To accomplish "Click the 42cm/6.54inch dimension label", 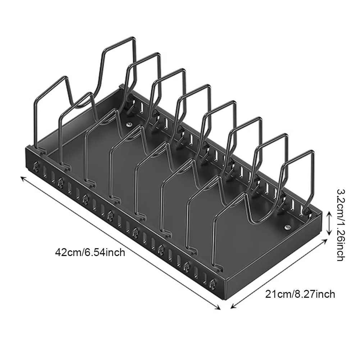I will click(x=90, y=252).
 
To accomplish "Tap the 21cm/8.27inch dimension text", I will click(x=300, y=294).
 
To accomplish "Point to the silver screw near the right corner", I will click(x=288, y=227).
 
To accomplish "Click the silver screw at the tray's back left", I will click(x=128, y=124).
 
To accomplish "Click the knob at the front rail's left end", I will click(x=36, y=166).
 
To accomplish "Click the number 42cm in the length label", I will click(x=68, y=252).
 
